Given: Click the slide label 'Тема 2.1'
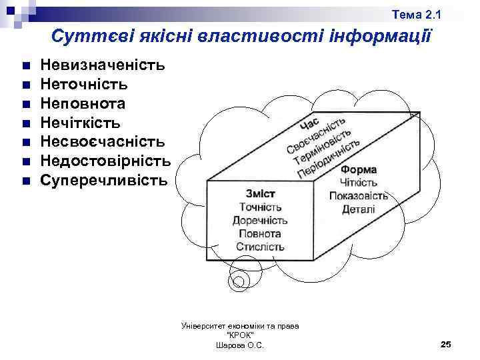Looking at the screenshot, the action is point(416,15).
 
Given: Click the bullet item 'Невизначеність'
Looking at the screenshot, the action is point(103,65).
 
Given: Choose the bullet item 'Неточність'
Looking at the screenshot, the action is point(84,85).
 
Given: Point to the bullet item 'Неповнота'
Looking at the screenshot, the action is point(83,104).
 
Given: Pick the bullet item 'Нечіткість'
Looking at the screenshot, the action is point(81,123).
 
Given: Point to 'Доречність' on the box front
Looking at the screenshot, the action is point(260,220).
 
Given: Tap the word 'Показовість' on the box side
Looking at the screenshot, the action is point(359,195).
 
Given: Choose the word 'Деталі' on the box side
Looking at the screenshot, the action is point(359,209).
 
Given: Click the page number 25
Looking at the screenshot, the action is point(446,344).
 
